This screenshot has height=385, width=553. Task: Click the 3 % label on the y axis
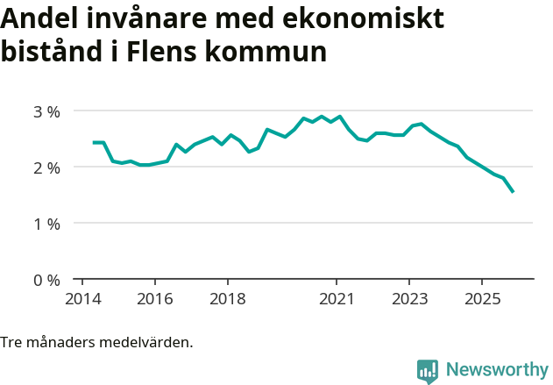point(46,111)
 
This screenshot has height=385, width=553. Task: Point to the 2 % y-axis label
point(46,168)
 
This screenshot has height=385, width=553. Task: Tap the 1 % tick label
point(46,224)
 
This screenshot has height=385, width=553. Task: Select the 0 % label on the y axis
point(46,280)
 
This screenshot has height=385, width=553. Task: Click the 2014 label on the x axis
point(82,299)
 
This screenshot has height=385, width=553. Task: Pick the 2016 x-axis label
point(154,299)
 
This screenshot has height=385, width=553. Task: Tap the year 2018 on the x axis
point(227,299)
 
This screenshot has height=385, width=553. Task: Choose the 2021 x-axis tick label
point(337,299)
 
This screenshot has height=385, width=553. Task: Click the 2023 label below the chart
point(409,299)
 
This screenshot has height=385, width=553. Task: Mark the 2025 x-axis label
point(482,299)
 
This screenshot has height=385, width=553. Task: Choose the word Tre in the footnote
point(11,342)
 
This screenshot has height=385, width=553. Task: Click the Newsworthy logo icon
point(428,371)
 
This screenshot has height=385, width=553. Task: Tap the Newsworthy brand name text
point(497,370)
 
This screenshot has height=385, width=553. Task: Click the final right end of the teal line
point(513,192)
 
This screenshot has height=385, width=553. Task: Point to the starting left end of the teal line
point(93,142)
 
